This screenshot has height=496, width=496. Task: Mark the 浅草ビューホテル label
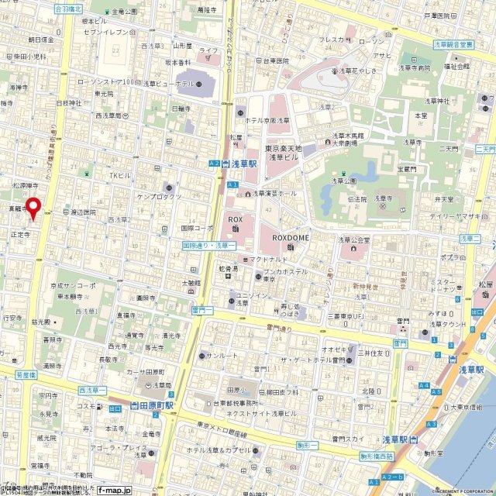pyautogui.click(x=167, y=84)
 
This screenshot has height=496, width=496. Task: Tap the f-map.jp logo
pyautogui.click(x=115, y=490)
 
